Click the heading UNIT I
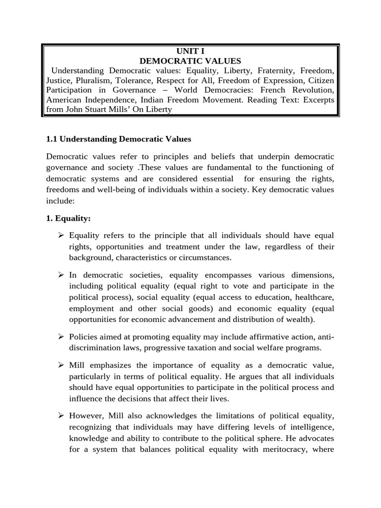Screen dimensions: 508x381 [190, 51]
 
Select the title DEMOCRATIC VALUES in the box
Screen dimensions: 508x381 [190, 61]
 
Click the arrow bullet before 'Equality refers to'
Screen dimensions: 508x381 [62, 235]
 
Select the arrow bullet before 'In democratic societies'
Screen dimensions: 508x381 [62, 274]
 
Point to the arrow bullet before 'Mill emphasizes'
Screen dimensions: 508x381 [62, 366]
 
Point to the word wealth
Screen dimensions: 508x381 [299, 319]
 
